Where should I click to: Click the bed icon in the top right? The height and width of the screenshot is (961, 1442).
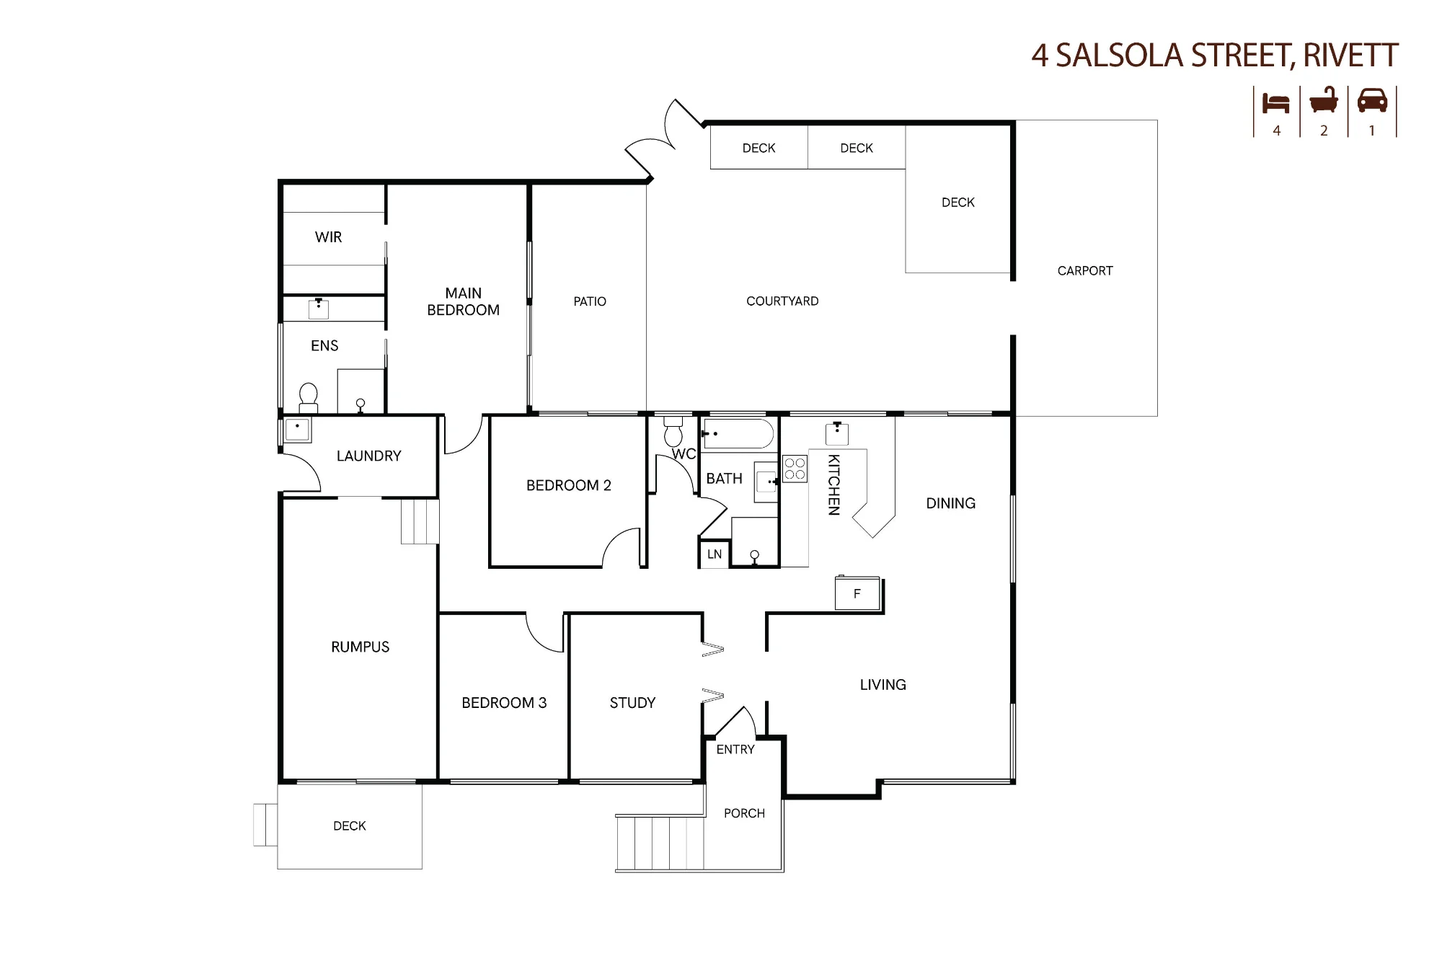(x=1275, y=103)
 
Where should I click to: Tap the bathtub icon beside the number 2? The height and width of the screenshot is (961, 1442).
(x=1324, y=101)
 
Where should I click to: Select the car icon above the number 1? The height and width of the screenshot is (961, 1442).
(x=1372, y=101)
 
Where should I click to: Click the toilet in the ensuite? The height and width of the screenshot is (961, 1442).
(x=308, y=397)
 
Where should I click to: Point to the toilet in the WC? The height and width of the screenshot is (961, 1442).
(x=673, y=431)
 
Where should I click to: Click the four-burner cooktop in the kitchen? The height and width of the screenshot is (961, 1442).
(x=795, y=469)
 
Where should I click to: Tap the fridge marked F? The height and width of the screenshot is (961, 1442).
(x=857, y=593)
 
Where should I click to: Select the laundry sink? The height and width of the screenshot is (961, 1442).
(x=297, y=430)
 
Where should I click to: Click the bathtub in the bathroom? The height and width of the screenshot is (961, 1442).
(x=738, y=434)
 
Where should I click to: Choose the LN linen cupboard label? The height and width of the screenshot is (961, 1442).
(x=715, y=554)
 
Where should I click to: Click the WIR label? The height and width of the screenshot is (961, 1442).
(x=328, y=237)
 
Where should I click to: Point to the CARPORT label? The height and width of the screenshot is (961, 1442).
(x=1085, y=271)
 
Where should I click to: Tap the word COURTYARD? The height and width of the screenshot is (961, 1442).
(x=782, y=301)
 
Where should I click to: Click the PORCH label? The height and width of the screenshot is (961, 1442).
(x=744, y=813)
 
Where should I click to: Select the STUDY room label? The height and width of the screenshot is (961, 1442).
(x=632, y=703)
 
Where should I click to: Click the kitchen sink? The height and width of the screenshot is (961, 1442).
(x=837, y=433)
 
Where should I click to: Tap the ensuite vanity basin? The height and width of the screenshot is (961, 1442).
(x=319, y=309)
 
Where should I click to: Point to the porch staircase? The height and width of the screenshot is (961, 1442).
(x=660, y=843)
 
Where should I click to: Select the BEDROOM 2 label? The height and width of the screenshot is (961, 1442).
(x=569, y=486)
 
